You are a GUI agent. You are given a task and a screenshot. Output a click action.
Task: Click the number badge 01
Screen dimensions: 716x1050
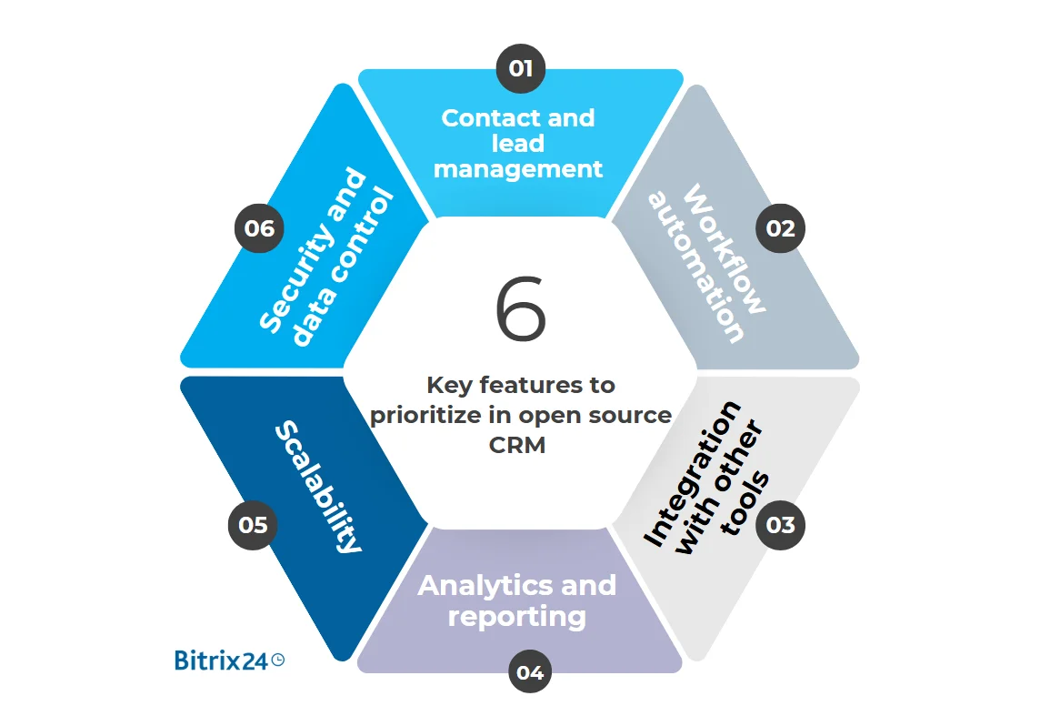pos(520,68)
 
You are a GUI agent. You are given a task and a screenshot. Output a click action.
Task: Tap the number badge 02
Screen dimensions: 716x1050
pos(780,228)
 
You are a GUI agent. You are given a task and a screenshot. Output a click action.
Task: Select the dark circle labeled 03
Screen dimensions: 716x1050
pos(780,525)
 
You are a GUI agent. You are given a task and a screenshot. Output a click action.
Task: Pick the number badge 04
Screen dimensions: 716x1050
pos(530,672)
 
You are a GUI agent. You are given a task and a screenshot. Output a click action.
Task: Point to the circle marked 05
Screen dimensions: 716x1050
pos(253,525)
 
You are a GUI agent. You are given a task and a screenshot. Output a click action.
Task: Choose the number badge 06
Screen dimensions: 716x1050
pos(259,228)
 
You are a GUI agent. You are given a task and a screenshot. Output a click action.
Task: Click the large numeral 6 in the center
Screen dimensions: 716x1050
pos(520,310)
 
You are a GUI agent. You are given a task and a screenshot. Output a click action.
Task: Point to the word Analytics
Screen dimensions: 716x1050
pos(478,585)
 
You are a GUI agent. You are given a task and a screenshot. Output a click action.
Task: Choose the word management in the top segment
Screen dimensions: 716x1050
pos(519,169)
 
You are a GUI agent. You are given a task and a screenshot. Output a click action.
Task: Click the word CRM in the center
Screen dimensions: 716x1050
pos(520,446)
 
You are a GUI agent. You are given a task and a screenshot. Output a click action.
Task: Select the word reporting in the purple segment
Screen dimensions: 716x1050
pos(516,617)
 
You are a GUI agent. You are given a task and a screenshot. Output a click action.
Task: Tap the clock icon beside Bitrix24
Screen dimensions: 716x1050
pos(278,660)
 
